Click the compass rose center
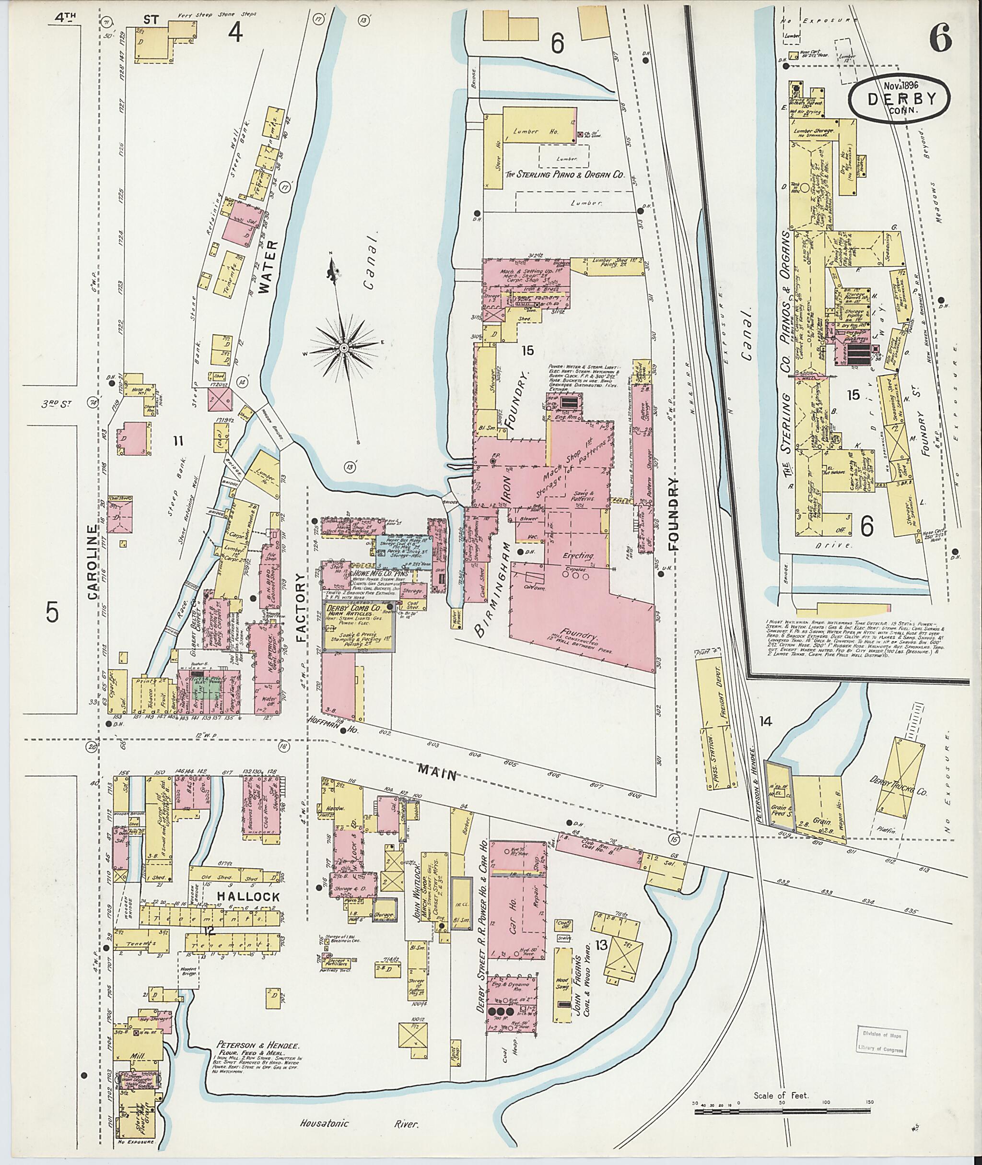click(343, 348)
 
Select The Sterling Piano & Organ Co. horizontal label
click(564, 174)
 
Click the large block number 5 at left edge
click(52, 612)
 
